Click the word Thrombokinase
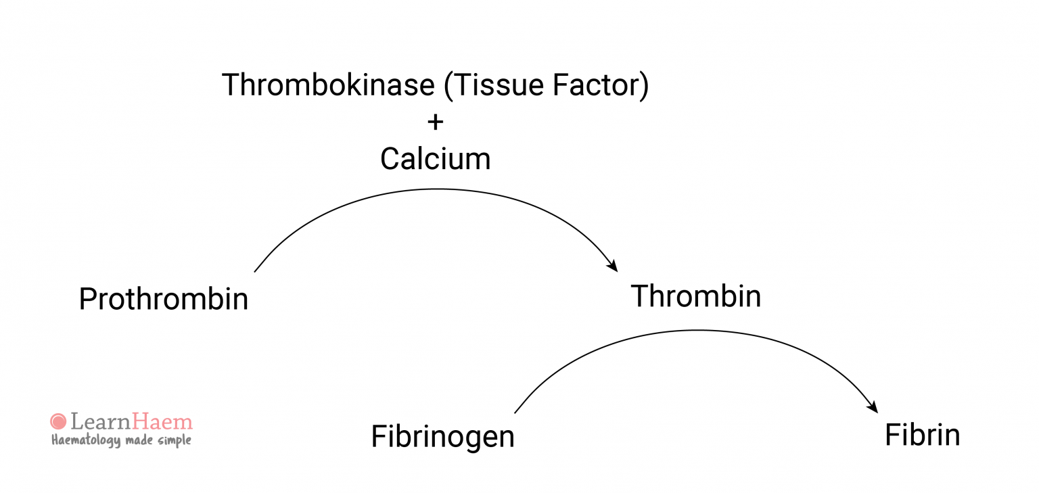(328, 85)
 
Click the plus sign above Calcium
(436, 122)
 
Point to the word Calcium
(435, 159)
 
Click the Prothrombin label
(164, 299)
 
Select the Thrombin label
(695, 296)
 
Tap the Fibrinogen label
(442, 437)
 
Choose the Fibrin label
(922, 435)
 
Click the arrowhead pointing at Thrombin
(613, 266)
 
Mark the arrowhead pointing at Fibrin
(873, 407)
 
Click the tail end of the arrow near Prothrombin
(256, 271)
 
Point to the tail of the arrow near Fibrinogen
(516, 411)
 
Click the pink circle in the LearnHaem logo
(59, 422)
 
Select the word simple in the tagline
(175, 441)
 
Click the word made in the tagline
(140, 440)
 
